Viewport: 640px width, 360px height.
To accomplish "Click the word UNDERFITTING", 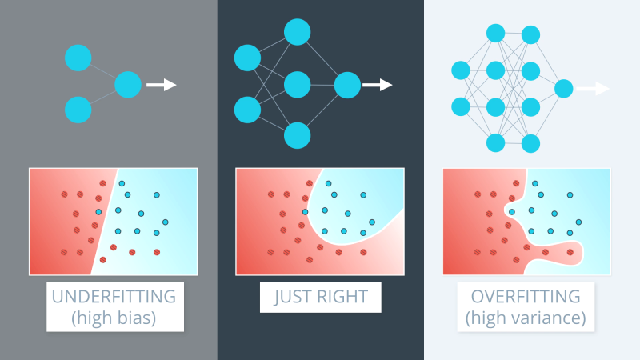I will coord(114,296).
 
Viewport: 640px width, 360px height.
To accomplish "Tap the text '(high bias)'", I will coord(114,317).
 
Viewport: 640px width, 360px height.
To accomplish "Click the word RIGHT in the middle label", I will coord(342,297).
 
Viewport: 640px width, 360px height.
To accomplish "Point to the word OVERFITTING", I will coord(525,296).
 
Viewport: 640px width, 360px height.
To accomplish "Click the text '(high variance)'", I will coord(525,317).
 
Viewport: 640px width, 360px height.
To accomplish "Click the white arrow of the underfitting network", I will coord(162,84).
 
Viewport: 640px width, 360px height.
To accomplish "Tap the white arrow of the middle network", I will coord(377,84).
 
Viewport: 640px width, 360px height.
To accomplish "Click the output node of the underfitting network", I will coord(128,84).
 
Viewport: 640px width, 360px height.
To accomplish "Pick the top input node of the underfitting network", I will coord(78,58).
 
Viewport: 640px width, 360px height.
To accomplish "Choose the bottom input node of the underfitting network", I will coord(78,109).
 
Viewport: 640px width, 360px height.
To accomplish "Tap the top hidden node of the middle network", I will coord(297,32).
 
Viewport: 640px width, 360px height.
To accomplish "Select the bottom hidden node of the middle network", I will coord(297,135).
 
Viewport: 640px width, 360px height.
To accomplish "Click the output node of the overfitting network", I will coord(563,88).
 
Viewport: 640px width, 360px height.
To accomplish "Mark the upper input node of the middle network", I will coord(246,58).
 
